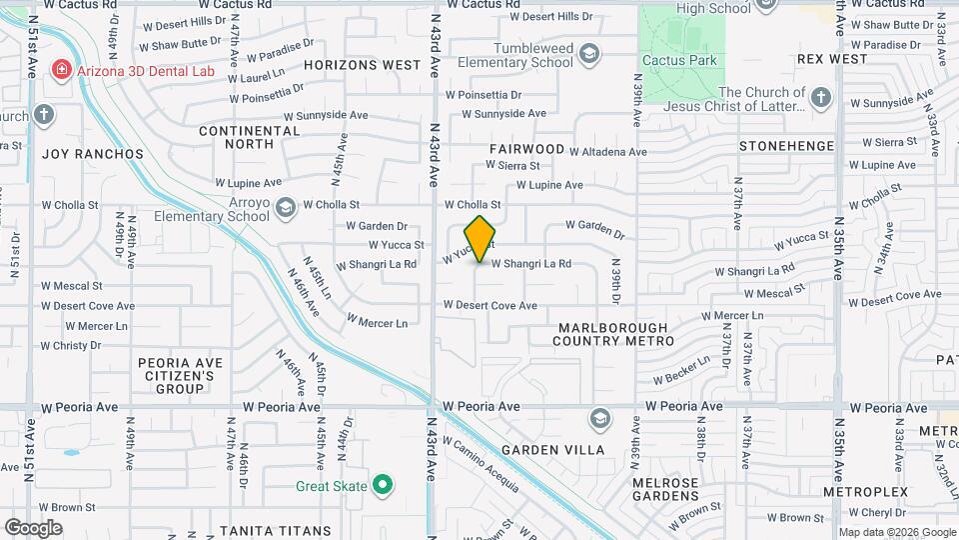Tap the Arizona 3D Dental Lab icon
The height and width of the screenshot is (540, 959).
point(62,69)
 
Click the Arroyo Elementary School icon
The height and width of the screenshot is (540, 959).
point(286,208)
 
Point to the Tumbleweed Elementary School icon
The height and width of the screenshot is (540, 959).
point(589,53)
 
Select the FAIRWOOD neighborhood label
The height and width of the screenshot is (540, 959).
point(526,149)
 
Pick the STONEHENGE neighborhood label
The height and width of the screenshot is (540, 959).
point(786,146)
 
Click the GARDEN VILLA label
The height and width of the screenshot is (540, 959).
point(552,450)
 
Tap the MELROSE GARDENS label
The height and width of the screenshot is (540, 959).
point(666,490)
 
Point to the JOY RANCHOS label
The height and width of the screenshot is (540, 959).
point(92,154)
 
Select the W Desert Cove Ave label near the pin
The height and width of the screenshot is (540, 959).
point(490,306)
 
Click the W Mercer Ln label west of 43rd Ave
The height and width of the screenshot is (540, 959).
point(377,323)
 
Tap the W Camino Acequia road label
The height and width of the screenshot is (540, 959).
point(480,464)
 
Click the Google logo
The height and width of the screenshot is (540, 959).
point(33,527)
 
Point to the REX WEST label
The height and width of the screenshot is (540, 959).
point(832,59)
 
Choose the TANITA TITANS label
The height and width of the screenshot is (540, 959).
point(275,531)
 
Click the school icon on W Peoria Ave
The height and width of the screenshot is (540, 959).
point(600,417)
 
